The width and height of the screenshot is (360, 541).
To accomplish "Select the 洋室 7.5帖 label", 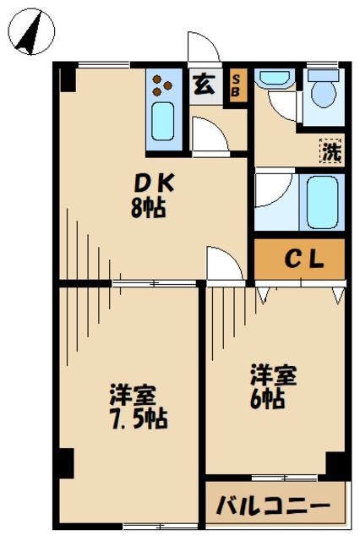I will (x=133, y=407).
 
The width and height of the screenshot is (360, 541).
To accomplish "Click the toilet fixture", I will (x=322, y=95).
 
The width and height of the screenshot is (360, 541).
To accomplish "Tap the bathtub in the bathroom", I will (x=322, y=202).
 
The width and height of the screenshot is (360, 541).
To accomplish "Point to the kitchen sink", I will (x=162, y=121).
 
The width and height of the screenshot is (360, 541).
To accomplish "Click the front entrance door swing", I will (x=204, y=47).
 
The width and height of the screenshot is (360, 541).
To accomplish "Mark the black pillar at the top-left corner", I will (x=68, y=78).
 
